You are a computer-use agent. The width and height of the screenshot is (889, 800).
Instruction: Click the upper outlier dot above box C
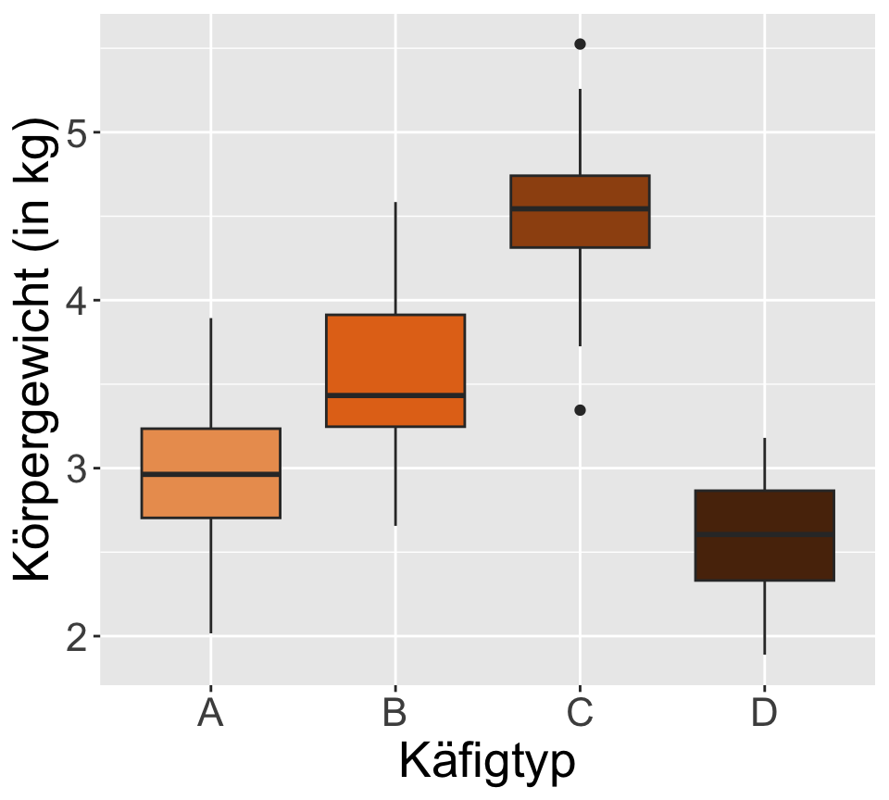580,44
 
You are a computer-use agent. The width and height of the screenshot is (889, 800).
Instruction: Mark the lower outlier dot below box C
580,410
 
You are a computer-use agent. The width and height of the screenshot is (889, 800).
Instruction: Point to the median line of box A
211,474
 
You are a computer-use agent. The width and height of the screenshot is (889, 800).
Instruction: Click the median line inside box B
395,395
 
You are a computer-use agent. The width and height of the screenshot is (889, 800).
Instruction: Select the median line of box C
580,208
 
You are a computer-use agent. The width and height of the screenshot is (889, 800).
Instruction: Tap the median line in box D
764,534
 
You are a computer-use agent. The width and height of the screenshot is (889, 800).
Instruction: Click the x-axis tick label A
211,714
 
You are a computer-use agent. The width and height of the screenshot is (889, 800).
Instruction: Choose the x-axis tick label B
395,714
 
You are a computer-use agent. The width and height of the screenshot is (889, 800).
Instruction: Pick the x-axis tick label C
580,714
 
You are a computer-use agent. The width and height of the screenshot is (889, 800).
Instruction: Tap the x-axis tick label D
764,714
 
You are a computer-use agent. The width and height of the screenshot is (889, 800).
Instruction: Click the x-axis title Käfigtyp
487,762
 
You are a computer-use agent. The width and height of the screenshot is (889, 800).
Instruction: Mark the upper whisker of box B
395,258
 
